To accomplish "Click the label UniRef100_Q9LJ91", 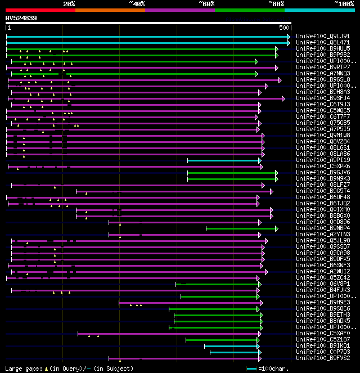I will pos(322,36).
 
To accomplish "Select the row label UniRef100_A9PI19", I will pos(322,160).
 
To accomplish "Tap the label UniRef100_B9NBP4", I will pos(322,228).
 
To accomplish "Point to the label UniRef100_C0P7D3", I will pos(322,352).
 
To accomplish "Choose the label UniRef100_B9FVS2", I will pos(322,358).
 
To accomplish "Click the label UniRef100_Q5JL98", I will pos(322,241).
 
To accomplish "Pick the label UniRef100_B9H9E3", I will pos(322,303).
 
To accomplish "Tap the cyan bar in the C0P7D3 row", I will pos(234,352).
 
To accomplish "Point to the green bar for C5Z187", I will pos(222,340).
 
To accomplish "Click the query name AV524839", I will pos(21,18).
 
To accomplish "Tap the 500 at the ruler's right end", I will pos(284,28).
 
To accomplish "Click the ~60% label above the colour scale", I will pos(206,3).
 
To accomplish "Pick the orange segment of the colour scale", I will pos(110,10).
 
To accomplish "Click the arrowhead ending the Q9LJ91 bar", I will pos(289,36).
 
